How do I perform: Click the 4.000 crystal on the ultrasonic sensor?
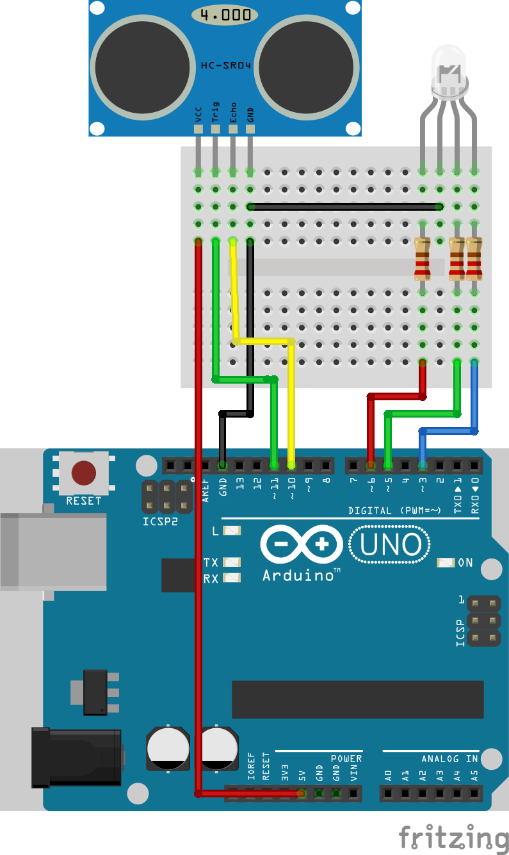click(225, 15)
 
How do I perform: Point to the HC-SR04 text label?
click(225, 66)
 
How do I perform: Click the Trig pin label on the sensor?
click(216, 111)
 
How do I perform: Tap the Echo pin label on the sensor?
click(233, 111)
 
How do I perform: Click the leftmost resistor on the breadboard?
click(422, 258)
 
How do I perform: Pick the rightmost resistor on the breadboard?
click(474, 258)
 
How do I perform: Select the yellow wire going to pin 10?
click(292, 403)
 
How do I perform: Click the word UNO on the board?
click(390, 545)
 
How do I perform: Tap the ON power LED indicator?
click(446, 562)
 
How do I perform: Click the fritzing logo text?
click(453, 837)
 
